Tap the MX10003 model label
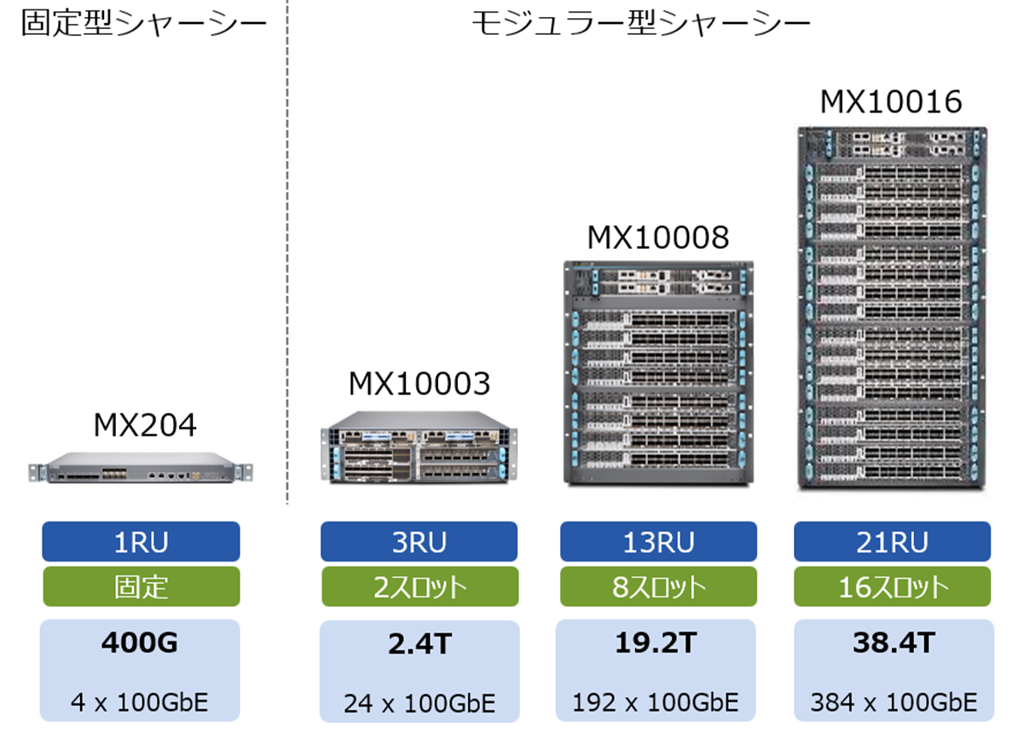419,384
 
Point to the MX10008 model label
657,238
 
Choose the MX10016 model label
891,102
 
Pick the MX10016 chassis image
892,308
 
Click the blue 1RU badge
141,542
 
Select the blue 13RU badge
657,542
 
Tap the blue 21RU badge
892,542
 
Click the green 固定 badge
141,586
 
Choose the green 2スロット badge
419,586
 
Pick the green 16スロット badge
892,586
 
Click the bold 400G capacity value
141,644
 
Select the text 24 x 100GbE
419,704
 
